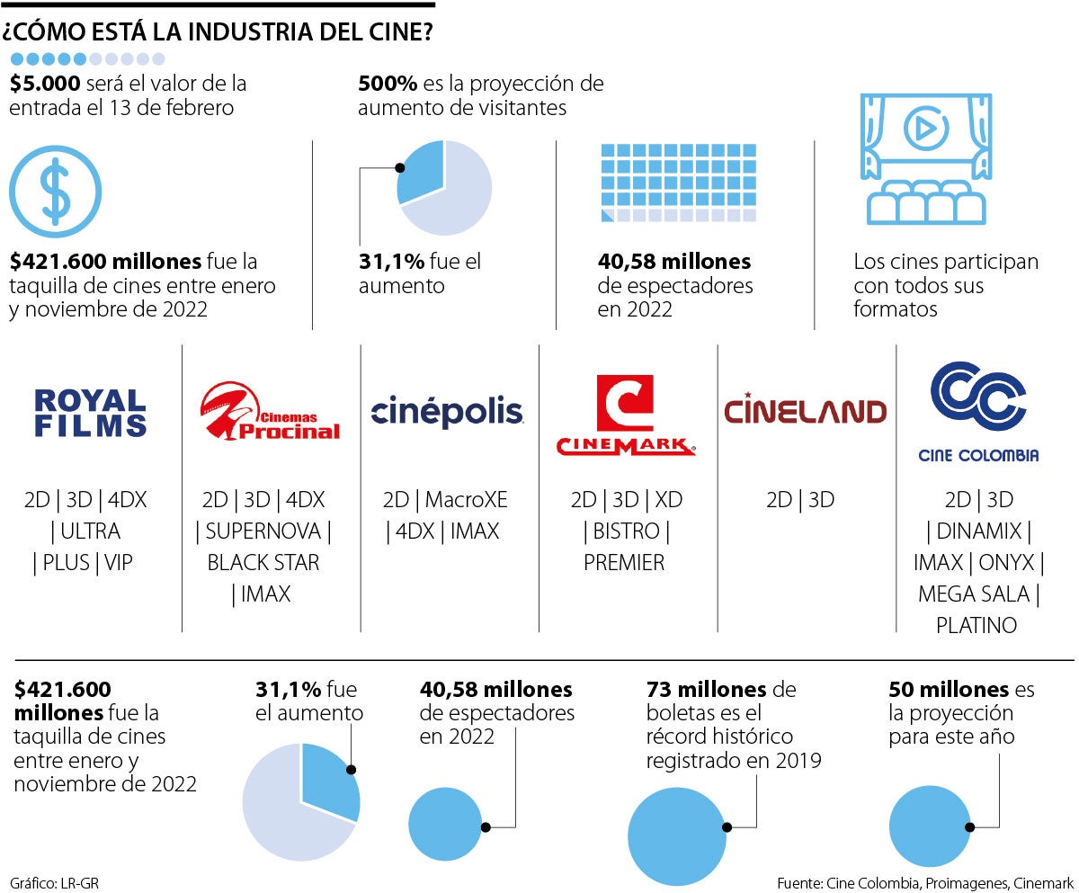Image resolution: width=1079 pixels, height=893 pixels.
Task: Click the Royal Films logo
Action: point(90,413)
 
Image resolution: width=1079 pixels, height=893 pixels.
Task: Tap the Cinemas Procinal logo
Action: point(270,412)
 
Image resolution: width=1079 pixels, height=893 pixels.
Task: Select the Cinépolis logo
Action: point(447,412)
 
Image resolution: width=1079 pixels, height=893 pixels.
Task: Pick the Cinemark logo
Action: point(626,415)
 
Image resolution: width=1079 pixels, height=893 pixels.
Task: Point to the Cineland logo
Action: point(805,411)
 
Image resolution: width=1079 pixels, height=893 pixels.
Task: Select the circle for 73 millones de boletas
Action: point(676,828)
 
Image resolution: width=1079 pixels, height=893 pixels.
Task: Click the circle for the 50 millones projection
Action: point(931,827)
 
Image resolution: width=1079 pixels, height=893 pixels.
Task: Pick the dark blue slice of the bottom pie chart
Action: point(328,779)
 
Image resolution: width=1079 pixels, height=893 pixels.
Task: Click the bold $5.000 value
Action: point(45,84)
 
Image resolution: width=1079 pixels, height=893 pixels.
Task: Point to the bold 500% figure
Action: point(388,84)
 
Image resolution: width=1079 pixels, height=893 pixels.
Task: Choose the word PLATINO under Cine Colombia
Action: point(976,625)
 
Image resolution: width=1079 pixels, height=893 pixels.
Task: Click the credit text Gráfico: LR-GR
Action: point(54,883)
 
